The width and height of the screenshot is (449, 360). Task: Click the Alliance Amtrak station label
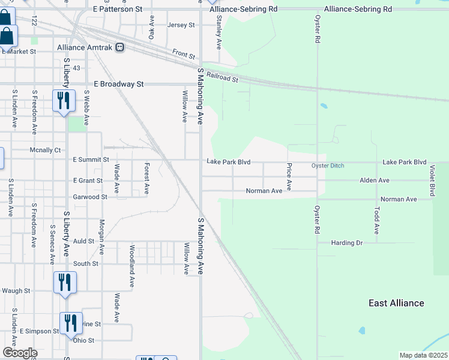pos(85,47)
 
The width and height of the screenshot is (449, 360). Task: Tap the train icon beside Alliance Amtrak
pos(120,47)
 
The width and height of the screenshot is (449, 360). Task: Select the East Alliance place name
pos(396,303)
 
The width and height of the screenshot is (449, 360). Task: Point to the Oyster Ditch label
pos(328,166)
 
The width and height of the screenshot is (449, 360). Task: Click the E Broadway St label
pos(119,85)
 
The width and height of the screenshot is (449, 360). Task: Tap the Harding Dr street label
pos(348,243)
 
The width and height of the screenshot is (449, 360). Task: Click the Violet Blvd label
pos(432,181)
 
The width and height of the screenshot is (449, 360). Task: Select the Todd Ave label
pos(376,220)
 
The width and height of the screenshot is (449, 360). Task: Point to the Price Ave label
pos(289,177)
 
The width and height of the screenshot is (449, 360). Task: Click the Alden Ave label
pos(375,180)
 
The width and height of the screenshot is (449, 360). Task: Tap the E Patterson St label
pos(118,10)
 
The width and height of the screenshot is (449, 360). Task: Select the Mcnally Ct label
pos(46,150)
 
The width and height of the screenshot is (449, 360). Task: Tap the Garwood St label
pos(90,197)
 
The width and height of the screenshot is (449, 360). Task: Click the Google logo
pos(19,353)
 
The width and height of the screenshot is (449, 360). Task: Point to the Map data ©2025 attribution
pos(423,355)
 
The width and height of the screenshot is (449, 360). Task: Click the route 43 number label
pos(76,68)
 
